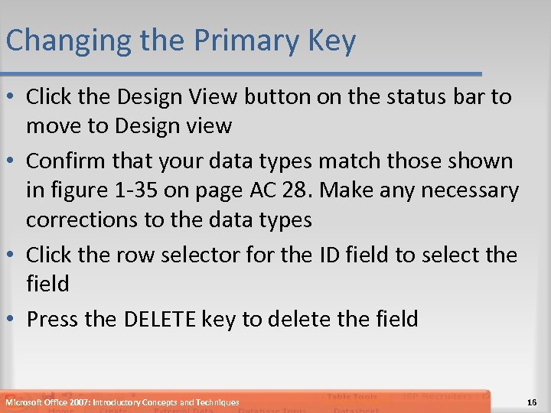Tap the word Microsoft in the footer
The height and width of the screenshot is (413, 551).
pyautogui.click(x=24, y=402)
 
